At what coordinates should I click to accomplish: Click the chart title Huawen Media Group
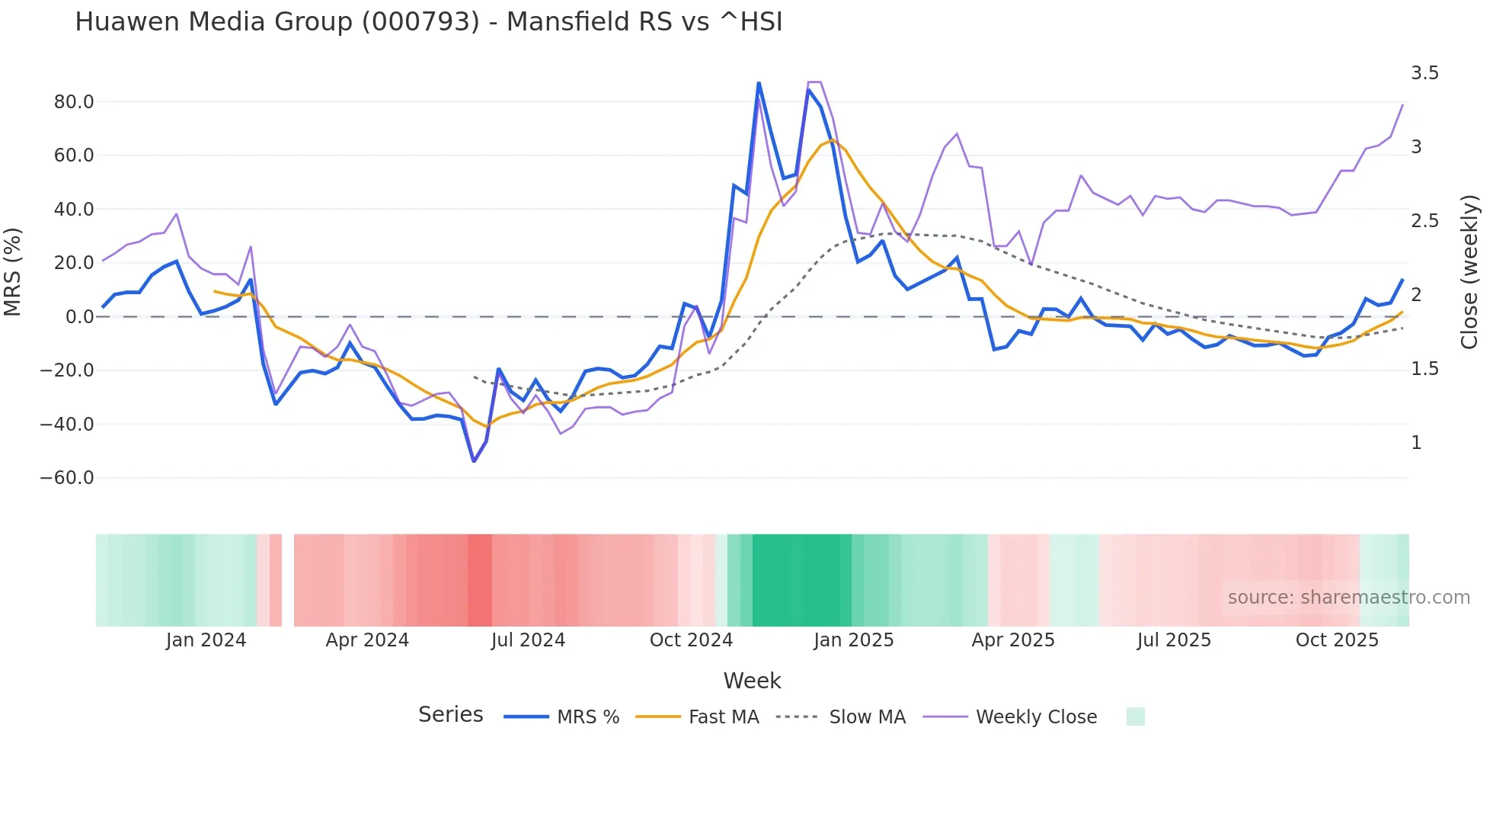point(428,22)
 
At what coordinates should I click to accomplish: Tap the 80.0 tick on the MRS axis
point(74,102)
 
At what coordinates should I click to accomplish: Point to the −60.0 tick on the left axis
point(67,478)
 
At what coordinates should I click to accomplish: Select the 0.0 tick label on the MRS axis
point(79,317)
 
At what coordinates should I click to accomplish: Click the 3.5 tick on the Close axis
point(1424,73)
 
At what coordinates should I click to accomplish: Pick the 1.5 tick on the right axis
point(1424,369)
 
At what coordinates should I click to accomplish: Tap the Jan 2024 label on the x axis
point(206,640)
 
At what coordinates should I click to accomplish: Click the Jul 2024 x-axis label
point(528,640)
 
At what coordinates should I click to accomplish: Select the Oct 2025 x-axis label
point(1337,640)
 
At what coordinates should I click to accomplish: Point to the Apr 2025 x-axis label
point(1013,640)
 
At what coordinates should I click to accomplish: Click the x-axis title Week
point(752,681)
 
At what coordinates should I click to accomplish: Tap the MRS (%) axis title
point(13,271)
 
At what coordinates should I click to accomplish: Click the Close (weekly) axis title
point(1469,271)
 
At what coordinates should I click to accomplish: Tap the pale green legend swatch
point(1135,717)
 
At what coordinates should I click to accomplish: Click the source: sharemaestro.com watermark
point(1348,598)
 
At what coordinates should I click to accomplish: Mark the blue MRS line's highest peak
point(759,82)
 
